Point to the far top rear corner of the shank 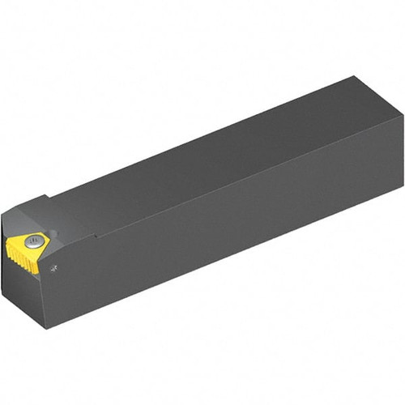point(354,77)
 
